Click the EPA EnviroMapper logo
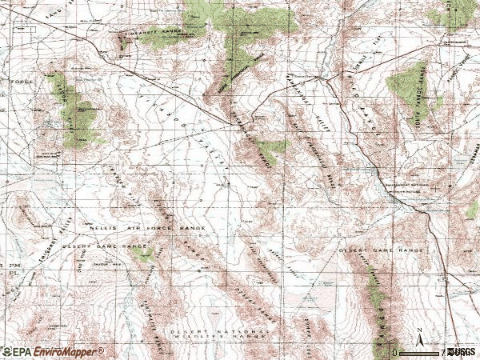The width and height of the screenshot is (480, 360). (x=53, y=351)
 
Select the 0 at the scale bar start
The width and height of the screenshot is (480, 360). (x=395, y=352)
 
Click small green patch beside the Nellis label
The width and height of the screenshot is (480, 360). (x=144, y=254)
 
